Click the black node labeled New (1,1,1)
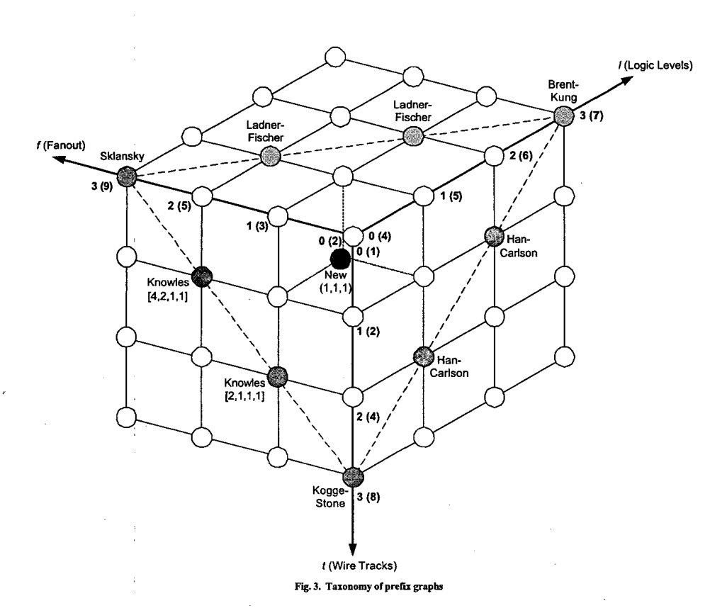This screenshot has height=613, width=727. (340, 257)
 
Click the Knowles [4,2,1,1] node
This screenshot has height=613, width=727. (202, 276)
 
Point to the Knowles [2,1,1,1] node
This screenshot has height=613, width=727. (278, 375)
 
